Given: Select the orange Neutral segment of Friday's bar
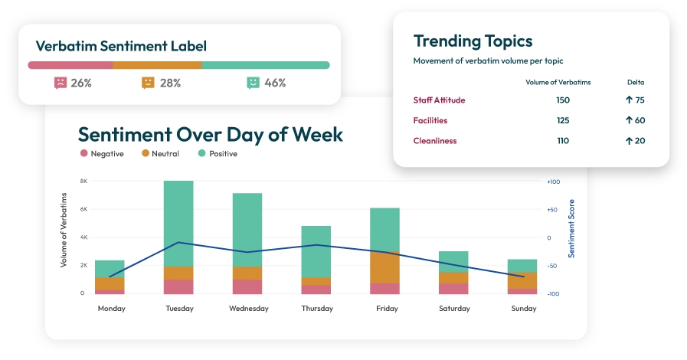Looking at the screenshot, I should tap(384, 267).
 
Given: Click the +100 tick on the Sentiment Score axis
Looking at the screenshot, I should tap(554, 182).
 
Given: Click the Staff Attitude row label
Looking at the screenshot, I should tap(439, 100).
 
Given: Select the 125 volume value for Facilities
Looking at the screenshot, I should tap(563, 120).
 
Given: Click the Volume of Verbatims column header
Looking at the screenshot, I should tap(558, 82).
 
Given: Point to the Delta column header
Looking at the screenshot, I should tap(636, 82).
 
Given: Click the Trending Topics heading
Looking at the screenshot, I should tap(473, 41).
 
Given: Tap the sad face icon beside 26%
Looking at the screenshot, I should tap(61, 83).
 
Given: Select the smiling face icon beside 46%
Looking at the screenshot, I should tap(254, 83).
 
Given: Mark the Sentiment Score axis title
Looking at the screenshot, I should tap(571, 227).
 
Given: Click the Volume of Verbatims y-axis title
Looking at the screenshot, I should tap(64, 231).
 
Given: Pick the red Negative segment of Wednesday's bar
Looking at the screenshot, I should tap(247, 286).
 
